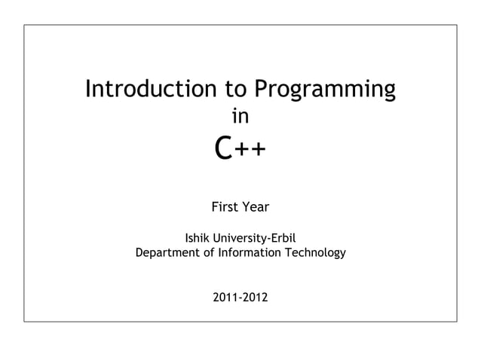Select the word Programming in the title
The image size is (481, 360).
(324, 90)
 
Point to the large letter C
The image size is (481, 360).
(222, 148)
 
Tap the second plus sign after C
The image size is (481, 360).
(257, 151)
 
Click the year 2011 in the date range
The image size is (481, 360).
(225, 299)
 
